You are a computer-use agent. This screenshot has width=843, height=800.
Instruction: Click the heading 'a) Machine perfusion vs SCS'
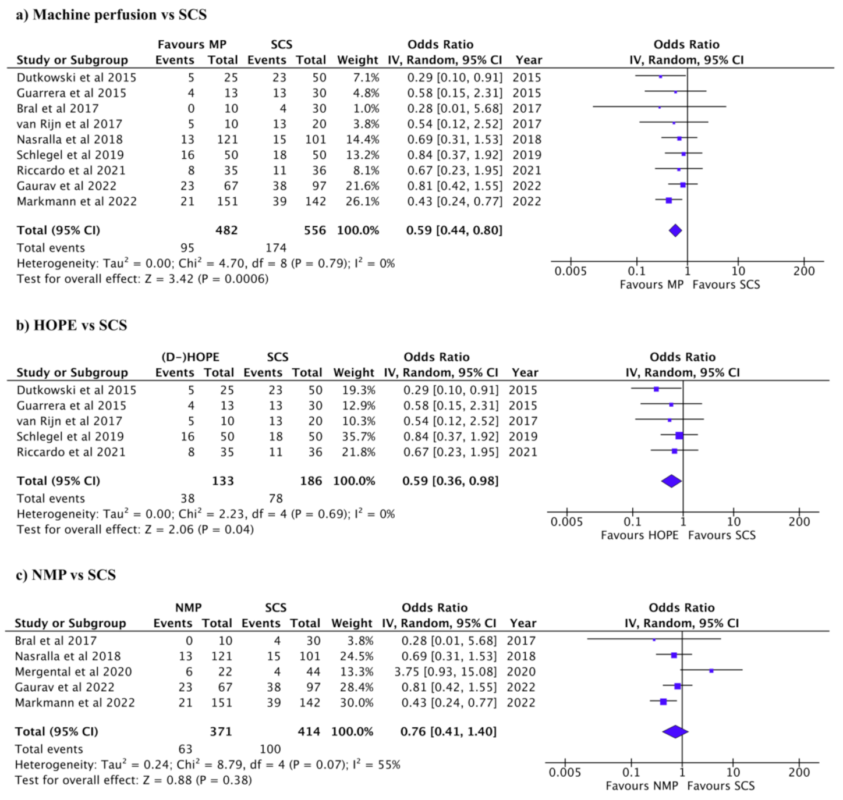(x=111, y=15)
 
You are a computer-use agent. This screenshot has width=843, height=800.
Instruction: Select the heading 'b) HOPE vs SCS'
(x=72, y=325)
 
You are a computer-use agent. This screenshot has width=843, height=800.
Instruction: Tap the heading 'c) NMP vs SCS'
(x=66, y=575)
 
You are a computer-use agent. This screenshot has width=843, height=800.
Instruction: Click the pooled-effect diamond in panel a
(x=675, y=230)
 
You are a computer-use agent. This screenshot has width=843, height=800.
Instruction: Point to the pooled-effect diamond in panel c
(x=675, y=731)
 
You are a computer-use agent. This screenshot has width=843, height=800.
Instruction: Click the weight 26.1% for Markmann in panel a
(x=358, y=201)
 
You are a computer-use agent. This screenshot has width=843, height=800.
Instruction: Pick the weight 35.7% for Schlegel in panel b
(x=354, y=436)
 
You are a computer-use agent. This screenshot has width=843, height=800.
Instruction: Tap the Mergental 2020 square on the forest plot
(x=711, y=671)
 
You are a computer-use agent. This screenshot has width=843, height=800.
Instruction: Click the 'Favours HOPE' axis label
(x=639, y=535)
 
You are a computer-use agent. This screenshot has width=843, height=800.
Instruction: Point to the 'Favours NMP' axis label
(x=642, y=786)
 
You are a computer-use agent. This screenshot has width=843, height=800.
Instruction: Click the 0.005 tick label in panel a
(x=571, y=271)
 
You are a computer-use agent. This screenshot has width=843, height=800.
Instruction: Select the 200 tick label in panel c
(x=799, y=773)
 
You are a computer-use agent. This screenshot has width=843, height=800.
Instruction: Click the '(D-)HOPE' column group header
(x=190, y=357)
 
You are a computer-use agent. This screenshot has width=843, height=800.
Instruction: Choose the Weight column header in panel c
(x=352, y=623)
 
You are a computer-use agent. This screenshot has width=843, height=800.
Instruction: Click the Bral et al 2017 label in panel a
(x=58, y=108)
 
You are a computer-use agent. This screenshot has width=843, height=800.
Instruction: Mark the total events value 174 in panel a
(x=276, y=248)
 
